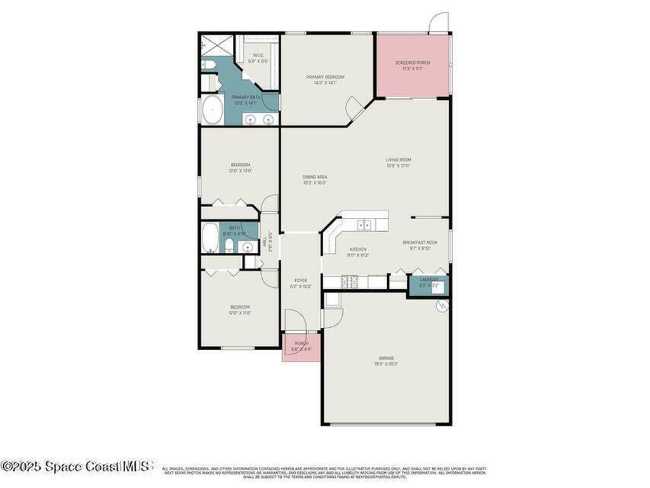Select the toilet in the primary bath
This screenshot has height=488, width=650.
click(x=208, y=65)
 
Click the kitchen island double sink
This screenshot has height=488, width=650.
click(x=364, y=224)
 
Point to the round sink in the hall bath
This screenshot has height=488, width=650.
click(x=248, y=247)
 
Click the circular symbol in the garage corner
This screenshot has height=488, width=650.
click(x=442, y=306)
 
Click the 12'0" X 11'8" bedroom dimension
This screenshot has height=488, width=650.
click(x=240, y=313)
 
